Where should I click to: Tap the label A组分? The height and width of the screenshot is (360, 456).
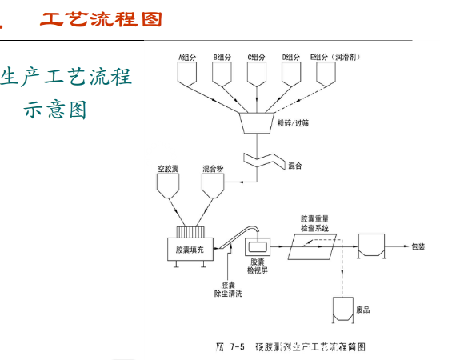tap(187, 57)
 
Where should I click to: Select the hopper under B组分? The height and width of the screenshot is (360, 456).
tap(222, 74)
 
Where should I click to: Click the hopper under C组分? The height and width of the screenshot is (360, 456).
tap(257, 74)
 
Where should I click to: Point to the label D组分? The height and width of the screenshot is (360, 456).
tap(292, 57)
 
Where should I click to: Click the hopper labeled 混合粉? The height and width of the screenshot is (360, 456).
tap(212, 188)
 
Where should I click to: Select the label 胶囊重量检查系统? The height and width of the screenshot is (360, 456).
tap(319, 222)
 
